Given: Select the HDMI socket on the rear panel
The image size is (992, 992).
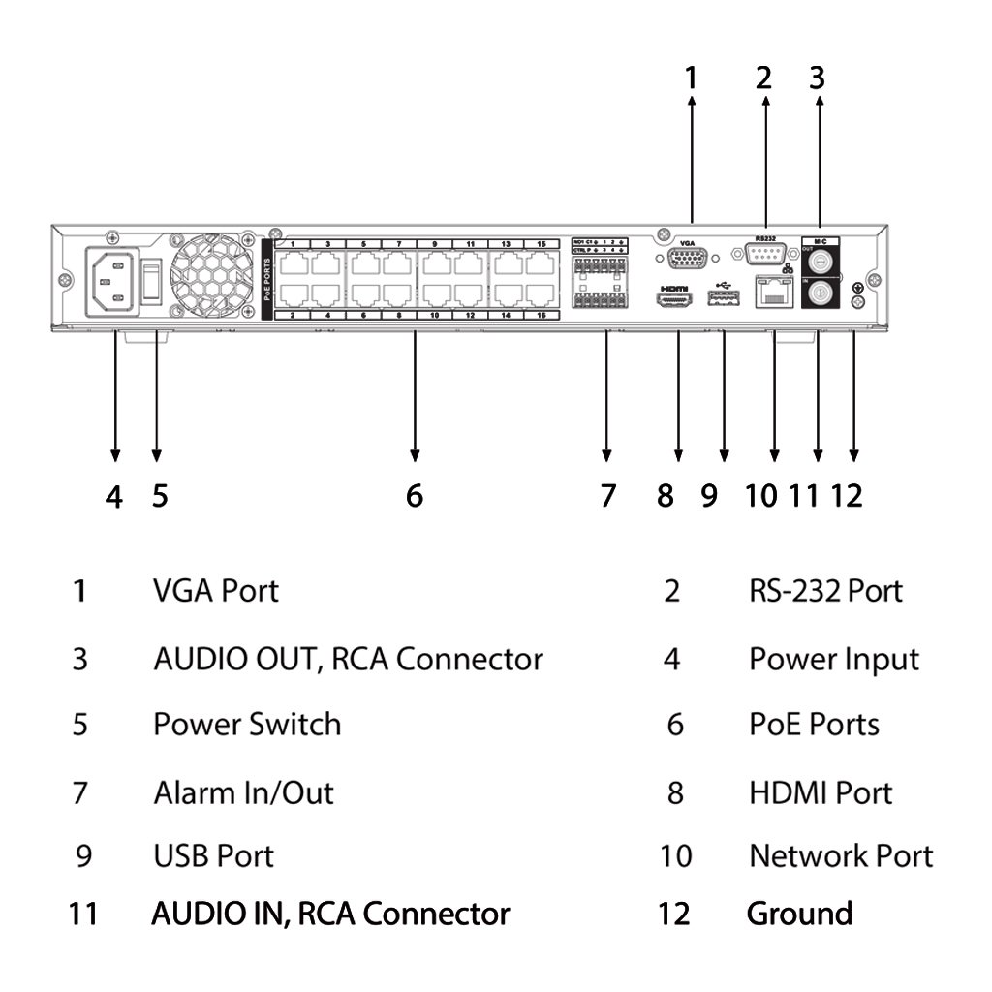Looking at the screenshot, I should click(x=675, y=302).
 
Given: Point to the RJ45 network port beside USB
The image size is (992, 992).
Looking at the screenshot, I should click(x=774, y=294).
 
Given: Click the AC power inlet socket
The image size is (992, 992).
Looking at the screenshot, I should click(x=111, y=282).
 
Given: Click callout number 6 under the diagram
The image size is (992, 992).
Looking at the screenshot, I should click(x=415, y=496).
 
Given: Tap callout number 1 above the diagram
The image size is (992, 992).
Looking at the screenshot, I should click(x=691, y=77).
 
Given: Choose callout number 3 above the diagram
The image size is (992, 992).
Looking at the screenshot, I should click(x=817, y=77).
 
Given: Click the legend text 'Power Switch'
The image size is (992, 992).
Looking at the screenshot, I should click(x=247, y=725).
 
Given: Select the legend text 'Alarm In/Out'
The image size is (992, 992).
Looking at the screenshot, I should click(x=243, y=792).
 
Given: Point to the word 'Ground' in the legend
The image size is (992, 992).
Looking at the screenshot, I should click(x=799, y=914).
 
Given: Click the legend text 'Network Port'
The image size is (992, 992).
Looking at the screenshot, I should click(x=841, y=855).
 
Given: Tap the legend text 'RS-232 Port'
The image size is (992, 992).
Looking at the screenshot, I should click(x=825, y=590).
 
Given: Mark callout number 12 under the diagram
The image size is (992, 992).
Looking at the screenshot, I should click(x=846, y=496).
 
